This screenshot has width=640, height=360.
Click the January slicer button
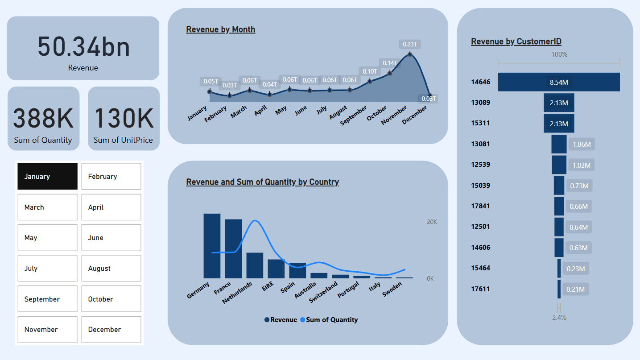[47, 176]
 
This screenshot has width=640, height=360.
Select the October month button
[111, 299]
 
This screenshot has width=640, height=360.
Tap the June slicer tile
[111, 238]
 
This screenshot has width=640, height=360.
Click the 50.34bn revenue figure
[83, 47]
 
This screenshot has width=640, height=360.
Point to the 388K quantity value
[43, 118]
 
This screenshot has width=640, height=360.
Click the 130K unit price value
[124, 118]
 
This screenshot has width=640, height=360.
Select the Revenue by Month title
[221, 29]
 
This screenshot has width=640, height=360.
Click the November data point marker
[410, 54]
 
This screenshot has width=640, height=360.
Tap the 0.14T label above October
[389, 63]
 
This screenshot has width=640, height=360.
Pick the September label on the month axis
[353, 116]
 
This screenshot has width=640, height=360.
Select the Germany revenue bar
[212, 245]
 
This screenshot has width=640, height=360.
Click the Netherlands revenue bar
[255, 265]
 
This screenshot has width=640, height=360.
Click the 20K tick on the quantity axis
[432, 222]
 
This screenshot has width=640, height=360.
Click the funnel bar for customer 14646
[559, 82]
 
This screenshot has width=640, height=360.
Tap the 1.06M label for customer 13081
[582, 144]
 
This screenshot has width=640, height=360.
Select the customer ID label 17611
[480, 289]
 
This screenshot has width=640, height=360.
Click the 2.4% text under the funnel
[559, 318]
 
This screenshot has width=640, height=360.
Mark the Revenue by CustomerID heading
[516, 41]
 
